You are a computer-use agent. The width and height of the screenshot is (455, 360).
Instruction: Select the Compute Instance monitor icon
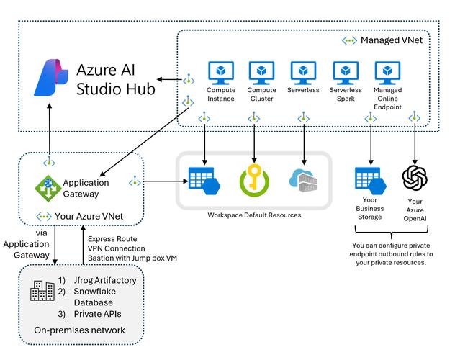click(221, 73)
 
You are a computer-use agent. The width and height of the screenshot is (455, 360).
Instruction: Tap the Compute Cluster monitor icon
click(262, 73)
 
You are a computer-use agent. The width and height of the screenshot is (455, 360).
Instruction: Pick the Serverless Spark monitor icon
click(346, 73)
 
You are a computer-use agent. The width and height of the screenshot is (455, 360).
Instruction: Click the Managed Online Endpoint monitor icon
click(388, 73)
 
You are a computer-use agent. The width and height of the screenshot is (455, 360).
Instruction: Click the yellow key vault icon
click(253, 180)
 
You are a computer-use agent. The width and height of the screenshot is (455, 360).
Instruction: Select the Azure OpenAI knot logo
click(415, 178)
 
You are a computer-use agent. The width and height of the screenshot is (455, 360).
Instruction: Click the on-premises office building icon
click(42, 290)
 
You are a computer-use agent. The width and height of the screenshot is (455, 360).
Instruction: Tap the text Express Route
click(111, 238)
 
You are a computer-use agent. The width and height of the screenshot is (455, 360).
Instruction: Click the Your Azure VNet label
click(79, 216)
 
